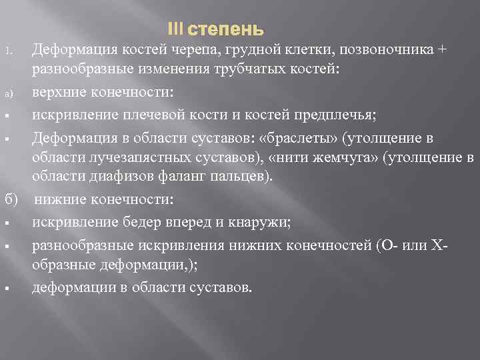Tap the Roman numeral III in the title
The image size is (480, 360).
point(175,31)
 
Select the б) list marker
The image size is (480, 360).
point(12,201)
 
